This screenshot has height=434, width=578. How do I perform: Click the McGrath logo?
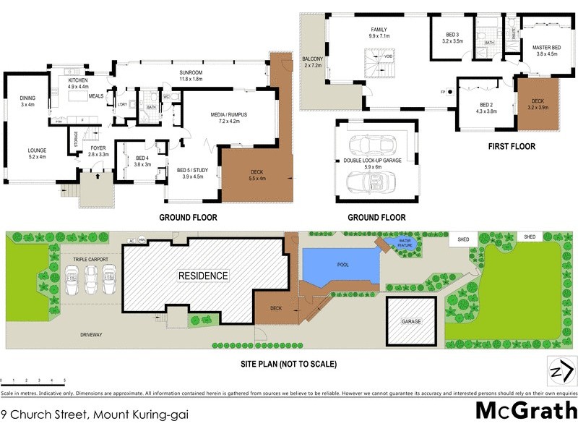tap(525, 412)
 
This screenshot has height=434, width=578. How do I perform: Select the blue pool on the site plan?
tap(340, 265)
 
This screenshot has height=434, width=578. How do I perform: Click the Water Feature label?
tap(405, 244)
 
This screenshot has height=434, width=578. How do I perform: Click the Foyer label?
tap(98, 150)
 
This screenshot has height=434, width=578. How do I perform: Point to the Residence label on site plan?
tap(203, 276)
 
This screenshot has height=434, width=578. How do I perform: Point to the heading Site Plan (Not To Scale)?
tap(289, 364)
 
